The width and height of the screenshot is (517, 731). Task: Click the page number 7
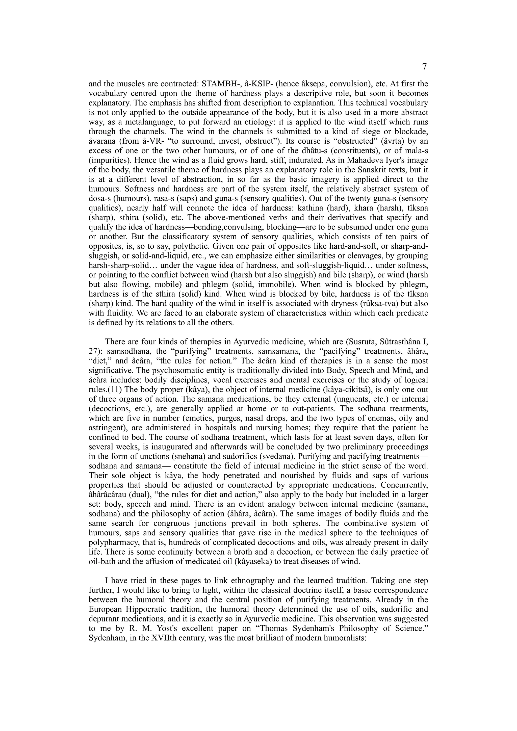point(424,67)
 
